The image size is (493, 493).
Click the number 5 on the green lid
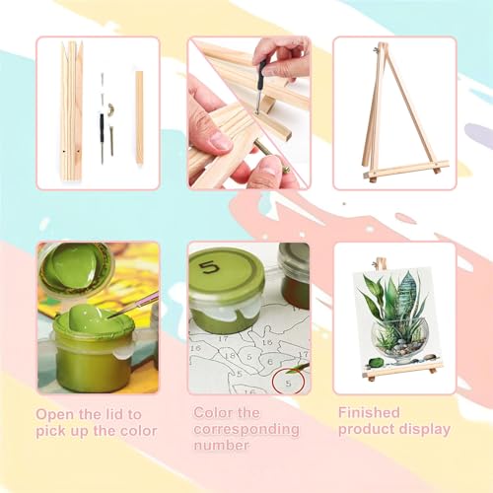click(209, 268)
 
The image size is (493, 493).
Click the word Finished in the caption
click(369, 412)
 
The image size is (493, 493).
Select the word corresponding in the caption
click(246, 430)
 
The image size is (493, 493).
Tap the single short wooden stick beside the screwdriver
click(140, 118)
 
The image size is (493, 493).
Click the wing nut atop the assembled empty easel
click(375, 50)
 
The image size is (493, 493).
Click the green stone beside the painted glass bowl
click(375, 363)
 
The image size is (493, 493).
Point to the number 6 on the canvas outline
click(270, 362)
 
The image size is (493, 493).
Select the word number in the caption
click(221, 446)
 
